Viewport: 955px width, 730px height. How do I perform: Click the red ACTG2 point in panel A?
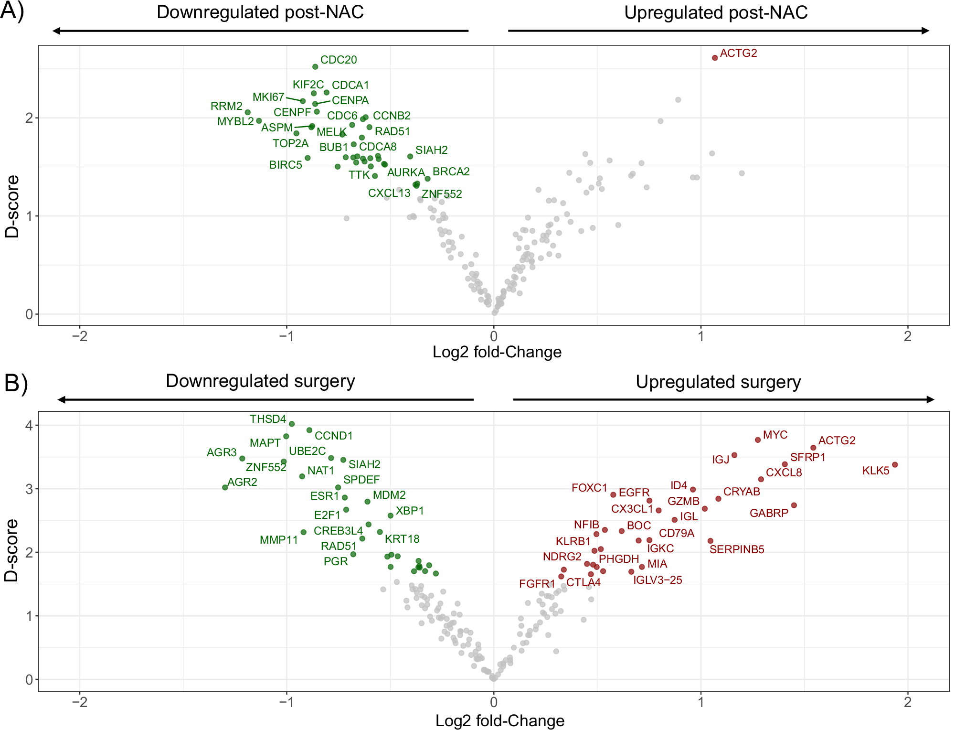[x=715, y=58]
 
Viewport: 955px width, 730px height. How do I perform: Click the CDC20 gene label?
[x=339, y=60]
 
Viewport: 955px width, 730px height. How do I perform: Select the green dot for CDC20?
[x=315, y=67]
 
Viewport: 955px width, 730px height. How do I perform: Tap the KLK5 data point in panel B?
[x=895, y=465]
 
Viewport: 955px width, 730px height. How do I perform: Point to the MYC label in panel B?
[x=775, y=435]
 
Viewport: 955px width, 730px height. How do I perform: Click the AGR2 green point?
[x=225, y=487]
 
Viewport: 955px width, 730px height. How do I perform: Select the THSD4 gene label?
[x=267, y=419]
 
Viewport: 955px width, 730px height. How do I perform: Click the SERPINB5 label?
[x=736, y=549]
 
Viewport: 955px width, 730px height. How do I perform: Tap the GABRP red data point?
[x=794, y=505]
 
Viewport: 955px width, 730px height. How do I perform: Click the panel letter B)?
[x=16, y=383]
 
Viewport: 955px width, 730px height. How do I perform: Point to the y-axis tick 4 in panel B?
[x=29, y=425]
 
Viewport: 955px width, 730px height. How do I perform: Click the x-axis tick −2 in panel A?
[x=79, y=336]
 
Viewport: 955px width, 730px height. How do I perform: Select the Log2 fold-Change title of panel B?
[x=499, y=720]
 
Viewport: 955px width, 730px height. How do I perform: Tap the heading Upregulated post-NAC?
[x=715, y=12]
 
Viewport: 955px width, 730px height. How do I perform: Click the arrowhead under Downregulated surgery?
[x=62, y=399]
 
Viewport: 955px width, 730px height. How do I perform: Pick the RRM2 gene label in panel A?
[x=226, y=106]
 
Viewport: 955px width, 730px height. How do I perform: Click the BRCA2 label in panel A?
[x=451, y=172]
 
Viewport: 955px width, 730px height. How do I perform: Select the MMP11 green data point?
[x=303, y=532]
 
